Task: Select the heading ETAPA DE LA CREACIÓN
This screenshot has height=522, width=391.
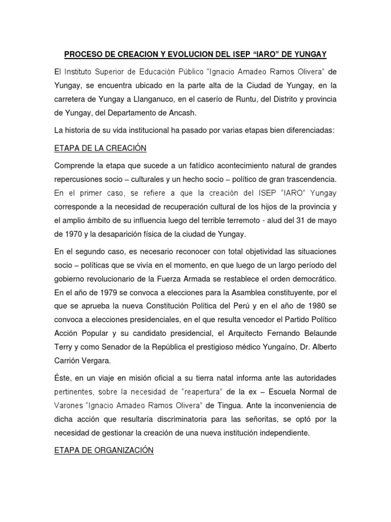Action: click(x=100, y=148)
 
